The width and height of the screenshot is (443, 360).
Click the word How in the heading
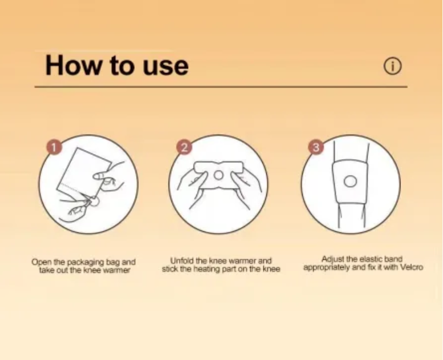(73, 65)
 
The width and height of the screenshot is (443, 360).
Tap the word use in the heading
(165, 67)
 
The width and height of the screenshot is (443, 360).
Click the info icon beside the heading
(392, 66)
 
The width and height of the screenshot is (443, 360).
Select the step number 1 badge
(54, 147)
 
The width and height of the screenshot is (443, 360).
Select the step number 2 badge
(184, 147)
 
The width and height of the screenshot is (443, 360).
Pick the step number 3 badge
(316, 147)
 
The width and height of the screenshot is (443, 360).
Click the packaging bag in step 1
(83, 173)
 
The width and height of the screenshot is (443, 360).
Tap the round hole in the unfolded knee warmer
(218, 175)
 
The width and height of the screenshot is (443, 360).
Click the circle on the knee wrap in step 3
(350, 181)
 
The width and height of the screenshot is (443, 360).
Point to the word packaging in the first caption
(86, 262)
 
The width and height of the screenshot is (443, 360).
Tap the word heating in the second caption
(207, 269)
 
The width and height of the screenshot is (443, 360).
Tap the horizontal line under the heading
(221, 87)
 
